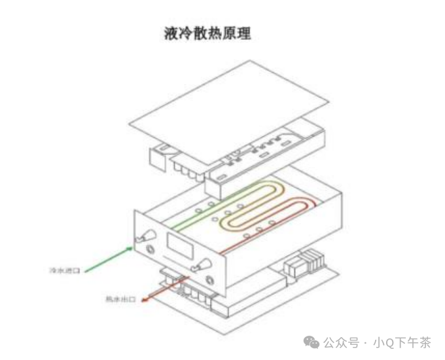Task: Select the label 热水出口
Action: coord(120,300)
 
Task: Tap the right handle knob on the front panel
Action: coord(201,264)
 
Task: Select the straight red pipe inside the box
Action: coord(262,232)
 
